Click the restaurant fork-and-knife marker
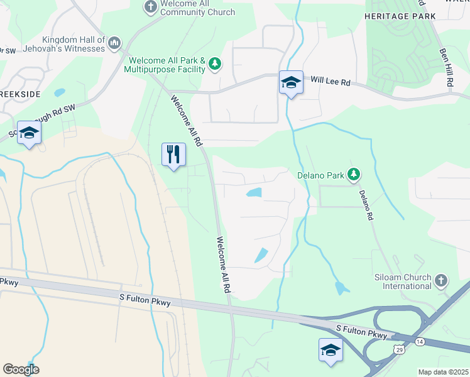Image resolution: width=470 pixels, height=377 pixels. click(174, 155)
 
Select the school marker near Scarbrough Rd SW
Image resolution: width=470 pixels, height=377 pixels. click(29, 133)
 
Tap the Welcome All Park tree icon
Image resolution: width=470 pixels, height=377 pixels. click(215, 63)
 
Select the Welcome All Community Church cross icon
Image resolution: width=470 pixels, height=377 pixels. click(150, 7)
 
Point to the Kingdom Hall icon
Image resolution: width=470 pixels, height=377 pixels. click(114, 43)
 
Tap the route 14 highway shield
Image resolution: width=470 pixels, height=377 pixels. click(420, 341)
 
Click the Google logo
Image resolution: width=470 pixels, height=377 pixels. click(21, 369)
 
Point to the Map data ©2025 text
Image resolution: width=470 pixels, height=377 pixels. click(443, 372)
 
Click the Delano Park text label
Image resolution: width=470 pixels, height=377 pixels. click(320, 175)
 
